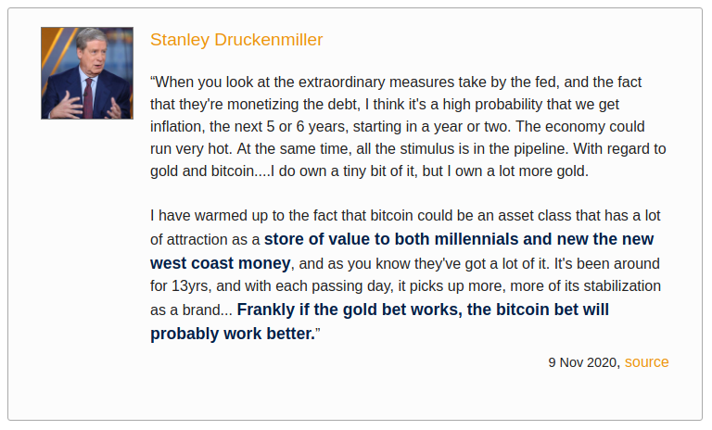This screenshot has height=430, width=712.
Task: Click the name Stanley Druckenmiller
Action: [236, 40]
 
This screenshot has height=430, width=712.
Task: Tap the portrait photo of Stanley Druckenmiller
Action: [87, 73]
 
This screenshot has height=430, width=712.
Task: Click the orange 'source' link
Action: [646, 362]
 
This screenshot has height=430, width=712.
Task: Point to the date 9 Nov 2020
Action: [584, 362]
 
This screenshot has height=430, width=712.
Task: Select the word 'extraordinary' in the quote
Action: [347, 82]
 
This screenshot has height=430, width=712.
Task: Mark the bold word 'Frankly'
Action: [269, 309]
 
